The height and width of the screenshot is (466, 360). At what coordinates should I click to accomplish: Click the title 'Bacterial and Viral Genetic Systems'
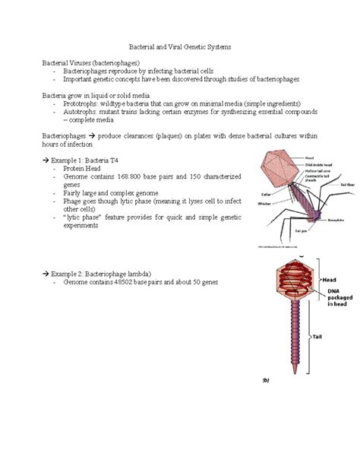[180, 46]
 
